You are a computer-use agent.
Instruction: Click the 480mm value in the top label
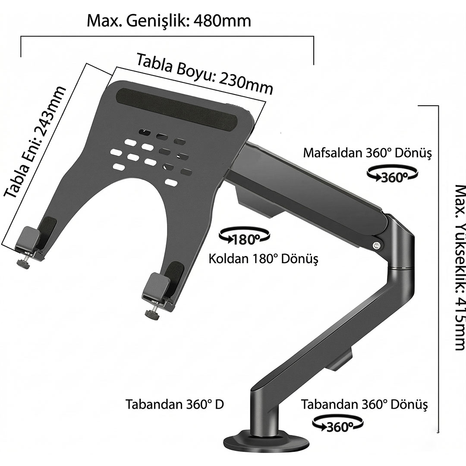222,21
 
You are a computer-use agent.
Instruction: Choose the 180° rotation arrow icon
244,236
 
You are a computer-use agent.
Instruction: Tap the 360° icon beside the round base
337,424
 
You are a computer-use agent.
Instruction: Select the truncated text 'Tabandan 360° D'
174,404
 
